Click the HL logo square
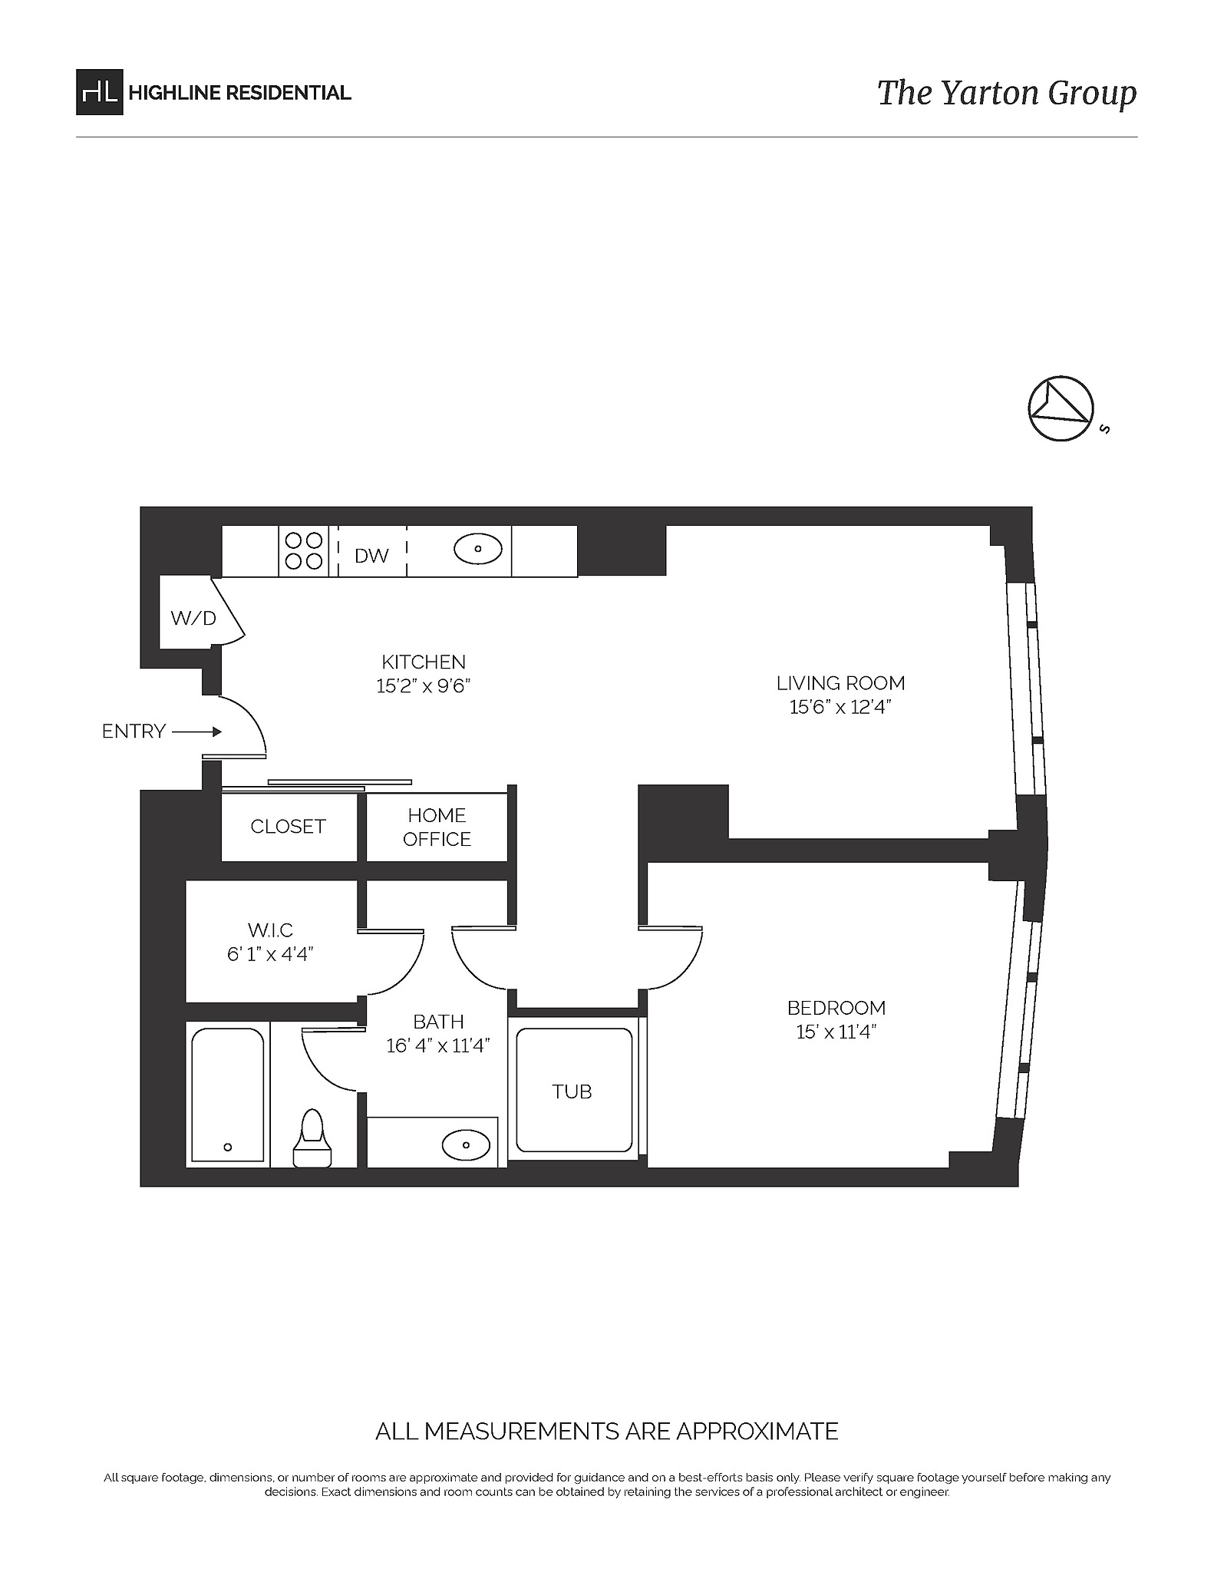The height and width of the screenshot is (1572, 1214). [x=99, y=92]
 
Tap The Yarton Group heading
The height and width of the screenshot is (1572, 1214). [x=1006, y=93]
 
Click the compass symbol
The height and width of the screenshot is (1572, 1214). [x=1061, y=409]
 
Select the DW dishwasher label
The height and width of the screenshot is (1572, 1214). [x=371, y=556]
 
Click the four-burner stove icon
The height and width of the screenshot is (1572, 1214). [x=303, y=550]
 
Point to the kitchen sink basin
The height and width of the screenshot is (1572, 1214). [x=477, y=549]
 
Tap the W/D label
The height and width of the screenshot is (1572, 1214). [x=193, y=618]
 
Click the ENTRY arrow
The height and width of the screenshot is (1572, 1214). [x=197, y=732]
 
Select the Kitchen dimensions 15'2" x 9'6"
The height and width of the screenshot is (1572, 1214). [x=423, y=686]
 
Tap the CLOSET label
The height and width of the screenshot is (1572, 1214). [x=288, y=827]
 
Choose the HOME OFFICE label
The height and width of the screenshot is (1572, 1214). [x=437, y=827]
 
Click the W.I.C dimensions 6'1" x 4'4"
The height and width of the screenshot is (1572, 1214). [x=270, y=954]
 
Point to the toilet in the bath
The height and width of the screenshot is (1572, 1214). [x=312, y=1140]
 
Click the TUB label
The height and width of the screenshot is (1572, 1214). [x=572, y=1091]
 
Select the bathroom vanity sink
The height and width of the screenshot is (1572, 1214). [x=467, y=1146]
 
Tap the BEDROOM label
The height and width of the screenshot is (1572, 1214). [x=836, y=1008]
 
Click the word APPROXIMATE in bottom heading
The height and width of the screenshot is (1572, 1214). [x=749, y=1432]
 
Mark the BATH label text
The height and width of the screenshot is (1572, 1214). [x=438, y=1022]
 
